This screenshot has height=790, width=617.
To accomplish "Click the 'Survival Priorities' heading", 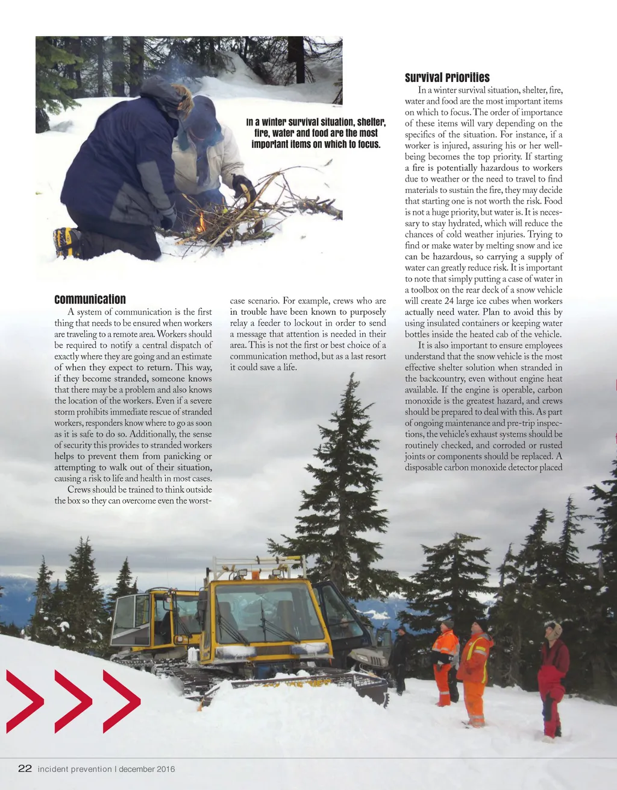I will coord(447,78).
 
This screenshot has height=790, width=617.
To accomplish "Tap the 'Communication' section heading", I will coord(90,300).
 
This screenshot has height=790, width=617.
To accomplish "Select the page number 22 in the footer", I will coord(25,768).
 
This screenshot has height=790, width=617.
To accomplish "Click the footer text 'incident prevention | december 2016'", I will coord(107,769).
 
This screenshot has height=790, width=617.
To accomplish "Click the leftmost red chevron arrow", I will coord(25,701).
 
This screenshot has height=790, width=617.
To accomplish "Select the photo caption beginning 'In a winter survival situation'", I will coord(316,133).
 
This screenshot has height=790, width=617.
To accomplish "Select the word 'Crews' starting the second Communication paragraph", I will coord(79,490).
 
